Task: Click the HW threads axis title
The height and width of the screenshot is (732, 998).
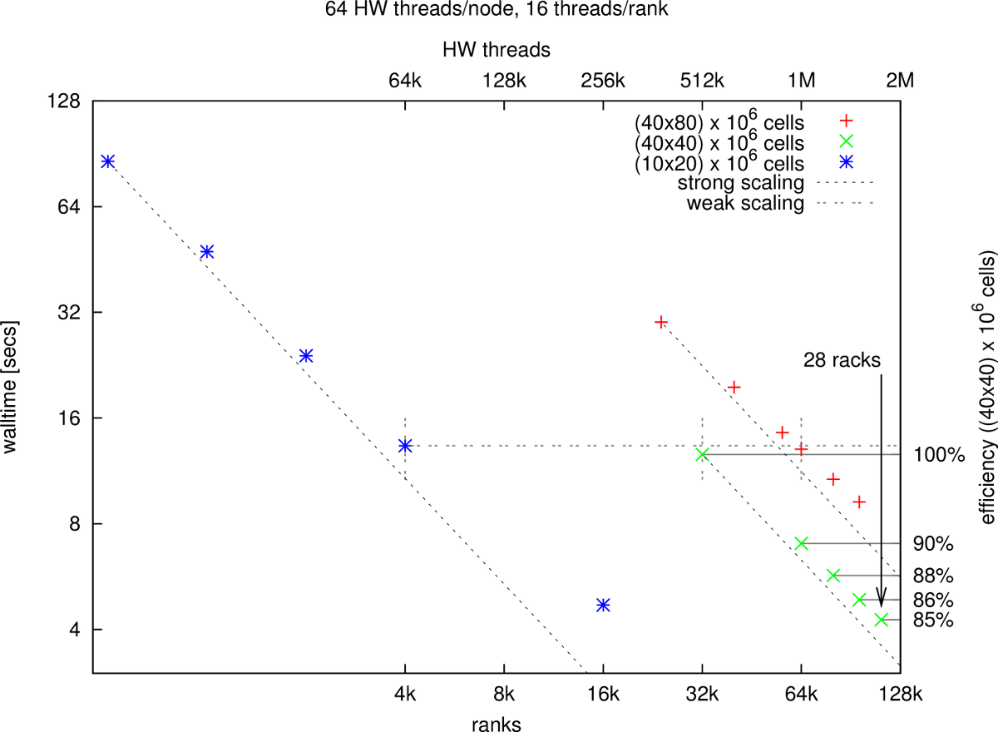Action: [497, 49]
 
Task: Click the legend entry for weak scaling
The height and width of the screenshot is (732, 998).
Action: [746, 203]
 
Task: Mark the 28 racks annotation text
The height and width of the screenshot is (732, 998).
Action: [842, 360]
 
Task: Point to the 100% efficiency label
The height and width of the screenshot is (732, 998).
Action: [938, 455]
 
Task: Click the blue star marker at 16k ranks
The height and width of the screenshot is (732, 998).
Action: [603, 605]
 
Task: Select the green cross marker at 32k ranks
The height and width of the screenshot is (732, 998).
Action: [702, 454]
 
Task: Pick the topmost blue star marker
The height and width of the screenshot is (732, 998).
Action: [107, 161]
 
